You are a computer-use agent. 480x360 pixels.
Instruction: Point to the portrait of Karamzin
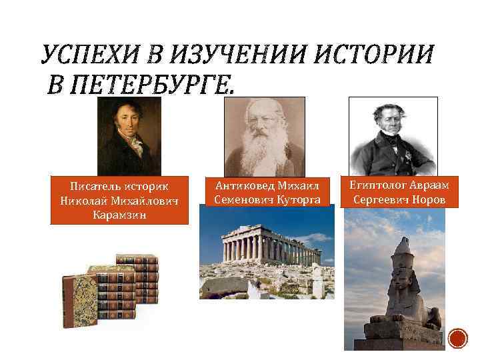pos(129,136)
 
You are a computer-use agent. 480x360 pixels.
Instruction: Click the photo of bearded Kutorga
pos(265,137)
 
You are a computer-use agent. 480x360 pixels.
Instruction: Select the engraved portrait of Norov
pos(393,136)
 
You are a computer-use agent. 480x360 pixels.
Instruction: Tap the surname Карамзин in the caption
pos(119,215)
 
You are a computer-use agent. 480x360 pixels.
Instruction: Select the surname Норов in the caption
pos(433,199)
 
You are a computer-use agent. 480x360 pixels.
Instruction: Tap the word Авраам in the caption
pos(431,185)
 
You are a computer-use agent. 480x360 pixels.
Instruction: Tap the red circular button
pos(458,339)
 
